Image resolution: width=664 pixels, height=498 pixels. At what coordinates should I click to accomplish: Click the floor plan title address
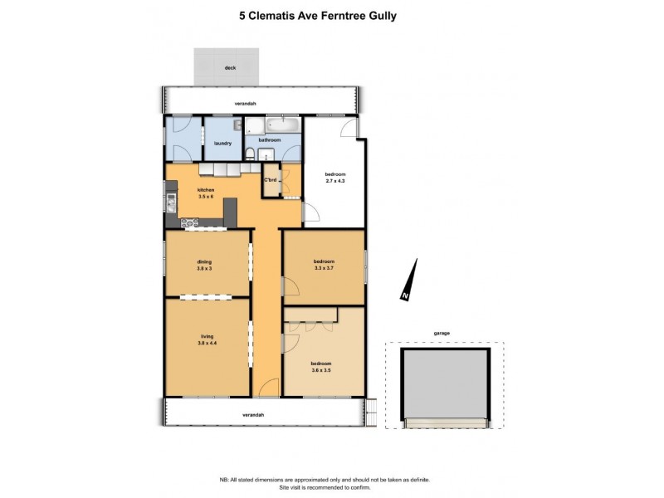tap(318, 16)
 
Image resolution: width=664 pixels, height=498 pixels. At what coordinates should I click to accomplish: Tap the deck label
tap(231, 68)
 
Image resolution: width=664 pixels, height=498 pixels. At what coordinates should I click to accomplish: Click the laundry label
tap(222, 144)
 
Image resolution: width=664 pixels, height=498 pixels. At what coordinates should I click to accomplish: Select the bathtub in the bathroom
tap(283, 126)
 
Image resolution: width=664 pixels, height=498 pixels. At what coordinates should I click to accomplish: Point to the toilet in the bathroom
tap(250, 153)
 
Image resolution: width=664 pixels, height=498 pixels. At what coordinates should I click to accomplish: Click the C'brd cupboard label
tap(271, 180)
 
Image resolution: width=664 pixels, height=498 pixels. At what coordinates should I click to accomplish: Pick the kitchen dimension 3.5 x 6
tap(206, 197)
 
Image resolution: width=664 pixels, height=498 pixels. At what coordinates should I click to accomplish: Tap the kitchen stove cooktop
tap(190, 222)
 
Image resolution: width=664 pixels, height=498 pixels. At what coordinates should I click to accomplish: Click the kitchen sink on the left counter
tap(171, 203)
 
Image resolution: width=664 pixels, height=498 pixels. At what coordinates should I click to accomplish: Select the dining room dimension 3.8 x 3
tap(204, 268)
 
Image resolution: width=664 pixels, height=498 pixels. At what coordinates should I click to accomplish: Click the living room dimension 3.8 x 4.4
tap(207, 344)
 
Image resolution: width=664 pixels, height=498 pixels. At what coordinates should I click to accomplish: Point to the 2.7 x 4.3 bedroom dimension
tap(335, 181)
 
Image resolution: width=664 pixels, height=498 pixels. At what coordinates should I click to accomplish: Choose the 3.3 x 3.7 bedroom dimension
tap(324, 268)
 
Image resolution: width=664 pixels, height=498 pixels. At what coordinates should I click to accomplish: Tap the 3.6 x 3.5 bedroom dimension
tap(321, 370)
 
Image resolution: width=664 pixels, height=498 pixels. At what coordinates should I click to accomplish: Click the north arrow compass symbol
tap(409, 280)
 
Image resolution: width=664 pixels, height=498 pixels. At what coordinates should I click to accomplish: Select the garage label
tap(442, 334)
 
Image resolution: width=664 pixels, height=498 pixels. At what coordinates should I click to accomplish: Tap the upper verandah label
tap(246, 104)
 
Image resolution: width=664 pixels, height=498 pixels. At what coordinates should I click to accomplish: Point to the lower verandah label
tap(253, 415)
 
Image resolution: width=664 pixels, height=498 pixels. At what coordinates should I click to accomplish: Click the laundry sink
tap(237, 124)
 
